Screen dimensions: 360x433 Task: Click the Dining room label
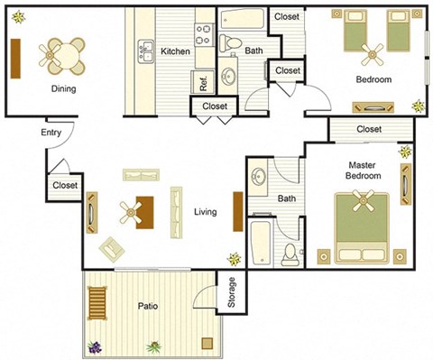(63, 88)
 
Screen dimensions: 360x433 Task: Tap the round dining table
(63, 56)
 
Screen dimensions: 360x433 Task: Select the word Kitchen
(175, 51)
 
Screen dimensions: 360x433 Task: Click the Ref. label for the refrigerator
(204, 84)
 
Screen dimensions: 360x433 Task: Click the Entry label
(51, 134)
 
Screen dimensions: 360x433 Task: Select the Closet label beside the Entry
(65, 185)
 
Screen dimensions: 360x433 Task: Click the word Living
(205, 212)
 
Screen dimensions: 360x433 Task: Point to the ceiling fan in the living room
(133, 213)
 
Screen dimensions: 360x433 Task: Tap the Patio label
(148, 306)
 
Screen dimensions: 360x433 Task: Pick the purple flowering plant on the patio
(95, 346)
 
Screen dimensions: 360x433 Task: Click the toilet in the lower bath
(290, 254)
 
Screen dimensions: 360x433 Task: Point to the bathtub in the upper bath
(242, 19)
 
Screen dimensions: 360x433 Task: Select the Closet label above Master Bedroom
(368, 129)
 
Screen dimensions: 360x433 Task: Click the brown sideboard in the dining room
(14, 59)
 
